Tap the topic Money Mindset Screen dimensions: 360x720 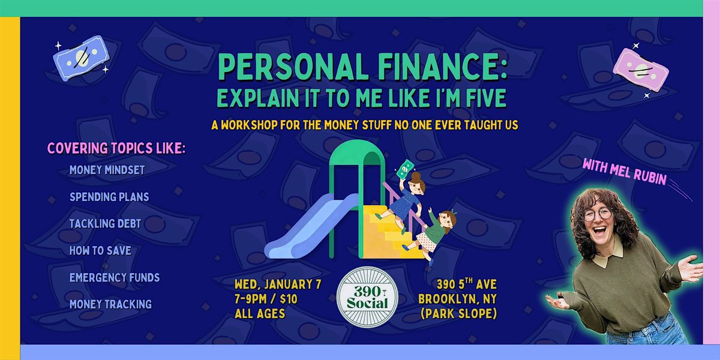pos(107,170)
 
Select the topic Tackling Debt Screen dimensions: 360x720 pos(105,223)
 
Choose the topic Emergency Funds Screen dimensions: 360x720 pos(115,277)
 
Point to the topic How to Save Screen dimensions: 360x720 pos(100,250)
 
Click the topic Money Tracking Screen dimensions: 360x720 pos(110,304)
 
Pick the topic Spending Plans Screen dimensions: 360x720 pos(109,196)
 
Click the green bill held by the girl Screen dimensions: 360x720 pos(406,169)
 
